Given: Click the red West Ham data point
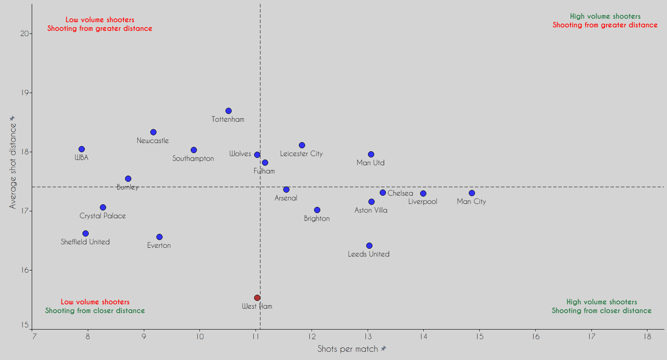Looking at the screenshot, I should tap(257, 298).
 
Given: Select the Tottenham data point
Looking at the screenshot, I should tap(229, 111).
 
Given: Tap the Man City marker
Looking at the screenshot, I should tap(472, 193).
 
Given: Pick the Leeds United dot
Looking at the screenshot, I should tap(369, 246).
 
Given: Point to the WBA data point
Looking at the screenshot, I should tap(82, 149).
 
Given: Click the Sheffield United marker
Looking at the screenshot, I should tap(86, 233).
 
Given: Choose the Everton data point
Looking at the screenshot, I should tap(159, 237).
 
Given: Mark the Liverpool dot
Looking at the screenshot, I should tap(423, 193).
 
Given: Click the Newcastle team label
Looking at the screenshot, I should tap(153, 140).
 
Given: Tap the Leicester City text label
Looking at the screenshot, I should tap(301, 153).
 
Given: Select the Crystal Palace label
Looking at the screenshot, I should tap(103, 216).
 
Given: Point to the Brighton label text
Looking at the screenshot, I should tap(317, 218).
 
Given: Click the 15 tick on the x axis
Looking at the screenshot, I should tap(479, 337).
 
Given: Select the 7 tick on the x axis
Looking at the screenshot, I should tap(32, 337).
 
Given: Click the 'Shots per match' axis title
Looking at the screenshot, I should tap(348, 349).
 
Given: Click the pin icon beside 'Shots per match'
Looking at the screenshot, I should tap(384, 349).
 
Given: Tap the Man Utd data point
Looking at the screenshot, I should tap(371, 154).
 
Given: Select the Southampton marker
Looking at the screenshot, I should tap(194, 150).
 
